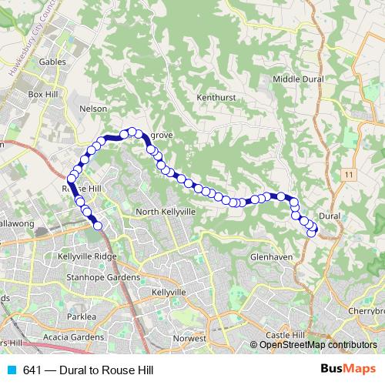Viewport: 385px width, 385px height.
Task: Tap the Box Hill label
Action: point(44,93)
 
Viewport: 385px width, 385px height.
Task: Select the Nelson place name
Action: point(94,109)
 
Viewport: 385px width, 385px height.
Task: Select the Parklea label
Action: point(82,316)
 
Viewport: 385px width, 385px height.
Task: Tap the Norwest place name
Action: point(191,338)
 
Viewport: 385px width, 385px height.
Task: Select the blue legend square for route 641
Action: point(13,370)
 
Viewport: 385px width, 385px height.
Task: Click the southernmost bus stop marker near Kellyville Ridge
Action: point(98,226)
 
